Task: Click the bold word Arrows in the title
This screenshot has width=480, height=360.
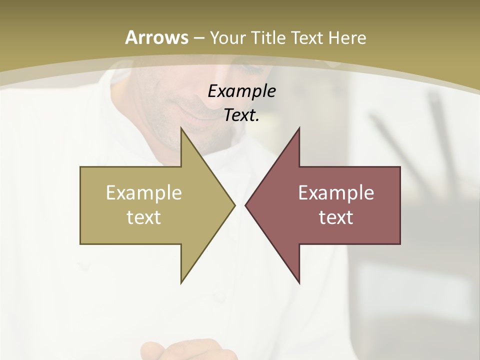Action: pos(156,37)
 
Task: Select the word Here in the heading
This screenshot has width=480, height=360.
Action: pos(347,37)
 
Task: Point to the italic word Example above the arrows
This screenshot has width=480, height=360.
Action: pos(241,91)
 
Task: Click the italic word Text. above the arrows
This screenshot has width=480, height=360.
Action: pos(241,115)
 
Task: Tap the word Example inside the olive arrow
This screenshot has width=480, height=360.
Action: pos(143,193)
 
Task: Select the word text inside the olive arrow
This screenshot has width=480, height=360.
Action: pos(143,217)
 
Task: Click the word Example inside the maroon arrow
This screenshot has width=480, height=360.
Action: pos(336,193)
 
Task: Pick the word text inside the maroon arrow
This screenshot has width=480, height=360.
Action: pos(336,217)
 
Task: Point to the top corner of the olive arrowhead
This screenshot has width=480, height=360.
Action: pos(181,128)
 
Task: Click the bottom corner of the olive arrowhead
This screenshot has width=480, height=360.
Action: pos(181,282)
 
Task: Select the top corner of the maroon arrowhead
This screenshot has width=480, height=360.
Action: pos(299,128)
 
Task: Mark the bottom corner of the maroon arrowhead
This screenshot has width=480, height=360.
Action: pos(299,282)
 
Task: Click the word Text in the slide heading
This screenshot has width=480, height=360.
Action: pos(306,37)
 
